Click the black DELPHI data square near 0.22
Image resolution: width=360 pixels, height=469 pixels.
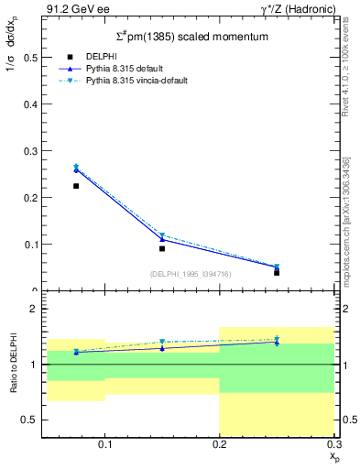click(x=76, y=186)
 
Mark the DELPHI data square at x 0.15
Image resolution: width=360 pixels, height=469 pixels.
click(x=162, y=248)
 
